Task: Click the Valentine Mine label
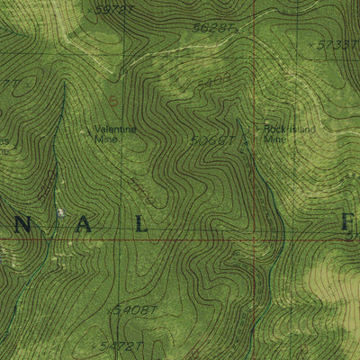click(x=116, y=134)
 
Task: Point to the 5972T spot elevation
click(x=114, y=8)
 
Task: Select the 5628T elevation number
click(x=213, y=28)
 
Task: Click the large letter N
click(x=27, y=226)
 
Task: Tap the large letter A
click(x=84, y=226)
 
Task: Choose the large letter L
click(x=140, y=226)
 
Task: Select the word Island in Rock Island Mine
click(x=294, y=129)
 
